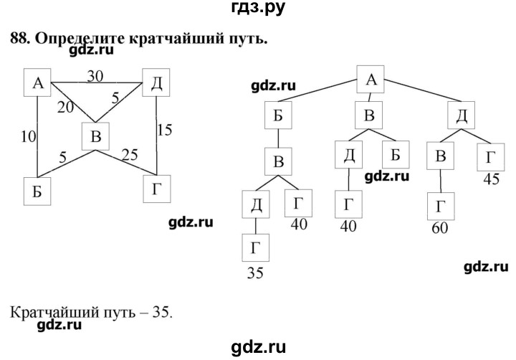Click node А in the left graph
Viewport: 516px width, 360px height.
(37, 82)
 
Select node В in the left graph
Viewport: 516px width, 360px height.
(95, 136)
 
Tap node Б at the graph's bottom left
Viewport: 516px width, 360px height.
(37, 191)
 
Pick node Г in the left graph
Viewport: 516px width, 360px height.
(157, 189)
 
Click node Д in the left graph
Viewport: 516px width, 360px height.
(156, 82)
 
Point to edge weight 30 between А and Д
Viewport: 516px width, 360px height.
(95, 77)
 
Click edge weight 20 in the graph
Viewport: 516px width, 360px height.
(65, 107)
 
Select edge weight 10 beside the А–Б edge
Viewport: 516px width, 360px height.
(28, 136)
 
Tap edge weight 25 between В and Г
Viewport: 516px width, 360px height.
(130, 154)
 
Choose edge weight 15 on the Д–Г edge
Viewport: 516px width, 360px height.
(164, 130)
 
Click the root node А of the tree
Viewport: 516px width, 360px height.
(371, 80)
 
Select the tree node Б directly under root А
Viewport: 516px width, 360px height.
(278, 115)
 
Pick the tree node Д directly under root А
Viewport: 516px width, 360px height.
(461, 115)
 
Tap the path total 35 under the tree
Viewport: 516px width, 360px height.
(255, 273)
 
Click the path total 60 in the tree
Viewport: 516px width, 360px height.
(439, 227)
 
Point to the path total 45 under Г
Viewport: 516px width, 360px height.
(492, 179)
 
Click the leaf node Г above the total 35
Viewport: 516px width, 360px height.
(256, 247)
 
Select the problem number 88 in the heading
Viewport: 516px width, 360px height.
(20, 39)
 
